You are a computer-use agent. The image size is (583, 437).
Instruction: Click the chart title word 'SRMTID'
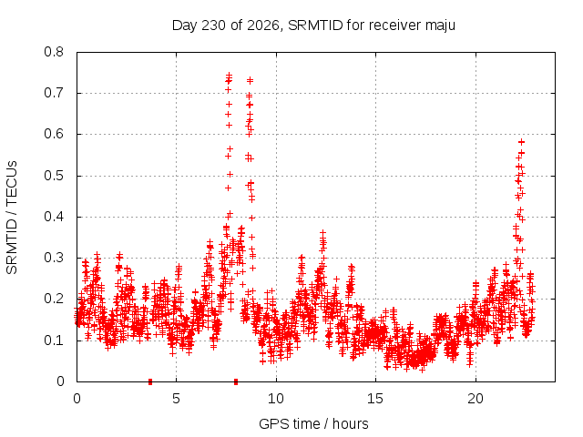pos(315,25)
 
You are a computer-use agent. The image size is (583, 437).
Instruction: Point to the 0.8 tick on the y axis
pos(54,52)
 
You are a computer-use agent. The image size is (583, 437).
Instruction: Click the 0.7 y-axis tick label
pos(54,93)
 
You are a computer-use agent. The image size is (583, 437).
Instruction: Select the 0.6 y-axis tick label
pos(54,134)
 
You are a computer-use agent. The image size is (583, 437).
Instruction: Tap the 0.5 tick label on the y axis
pos(54,176)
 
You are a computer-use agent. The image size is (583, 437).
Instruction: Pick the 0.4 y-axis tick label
pos(54,217)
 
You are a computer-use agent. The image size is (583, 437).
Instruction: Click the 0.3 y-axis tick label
pos(54,258)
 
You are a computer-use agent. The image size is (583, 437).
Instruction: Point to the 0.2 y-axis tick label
pos(54,299)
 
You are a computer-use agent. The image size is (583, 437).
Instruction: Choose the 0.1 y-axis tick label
pos(54,340)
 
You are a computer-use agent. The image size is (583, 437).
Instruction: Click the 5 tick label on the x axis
pos(176,399)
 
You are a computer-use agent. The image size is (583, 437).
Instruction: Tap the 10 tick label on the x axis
pos(275,399)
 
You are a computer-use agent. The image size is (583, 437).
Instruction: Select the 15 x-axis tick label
pos(375,399)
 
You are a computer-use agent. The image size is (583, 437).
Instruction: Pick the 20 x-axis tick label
pos(476,399)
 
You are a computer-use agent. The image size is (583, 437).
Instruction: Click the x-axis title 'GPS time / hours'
pos(313,423)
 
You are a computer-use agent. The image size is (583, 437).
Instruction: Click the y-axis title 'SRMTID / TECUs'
pos(12,218)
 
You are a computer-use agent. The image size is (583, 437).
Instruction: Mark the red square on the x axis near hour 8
pos(236,381)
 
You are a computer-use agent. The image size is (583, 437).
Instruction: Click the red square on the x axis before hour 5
pos(150,381)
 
